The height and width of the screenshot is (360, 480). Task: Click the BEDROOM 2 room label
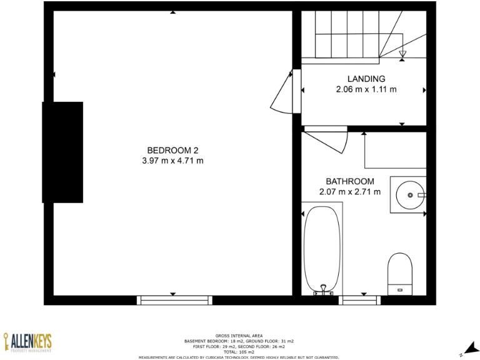[x=172, y=150]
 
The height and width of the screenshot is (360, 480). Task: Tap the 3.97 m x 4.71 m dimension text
[x=172, y=161]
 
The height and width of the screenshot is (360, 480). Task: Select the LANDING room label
[x=366, y=79]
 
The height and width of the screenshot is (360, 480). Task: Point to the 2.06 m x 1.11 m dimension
[x=366, y=89]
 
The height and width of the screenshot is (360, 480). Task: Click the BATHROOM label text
[x=349, y=181]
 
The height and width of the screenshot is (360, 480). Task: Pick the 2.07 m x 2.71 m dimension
[x=349, y=192]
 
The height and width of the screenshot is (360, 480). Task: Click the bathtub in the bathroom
[x=322, y=247]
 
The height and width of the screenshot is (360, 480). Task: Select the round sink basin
[x=411, y=195]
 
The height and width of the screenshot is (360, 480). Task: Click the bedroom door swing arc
[x=282, y=94]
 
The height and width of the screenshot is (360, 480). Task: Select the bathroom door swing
[x=328, y=142]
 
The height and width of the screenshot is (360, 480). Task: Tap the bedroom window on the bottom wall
[x=174, y=300]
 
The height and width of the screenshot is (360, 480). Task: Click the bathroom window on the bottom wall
[x=359, y=300]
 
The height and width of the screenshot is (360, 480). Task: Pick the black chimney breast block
[x=62, y=152]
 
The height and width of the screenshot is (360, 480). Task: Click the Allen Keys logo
[x=27, y=342]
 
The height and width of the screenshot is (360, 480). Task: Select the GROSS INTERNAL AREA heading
[x=240, y=336]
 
